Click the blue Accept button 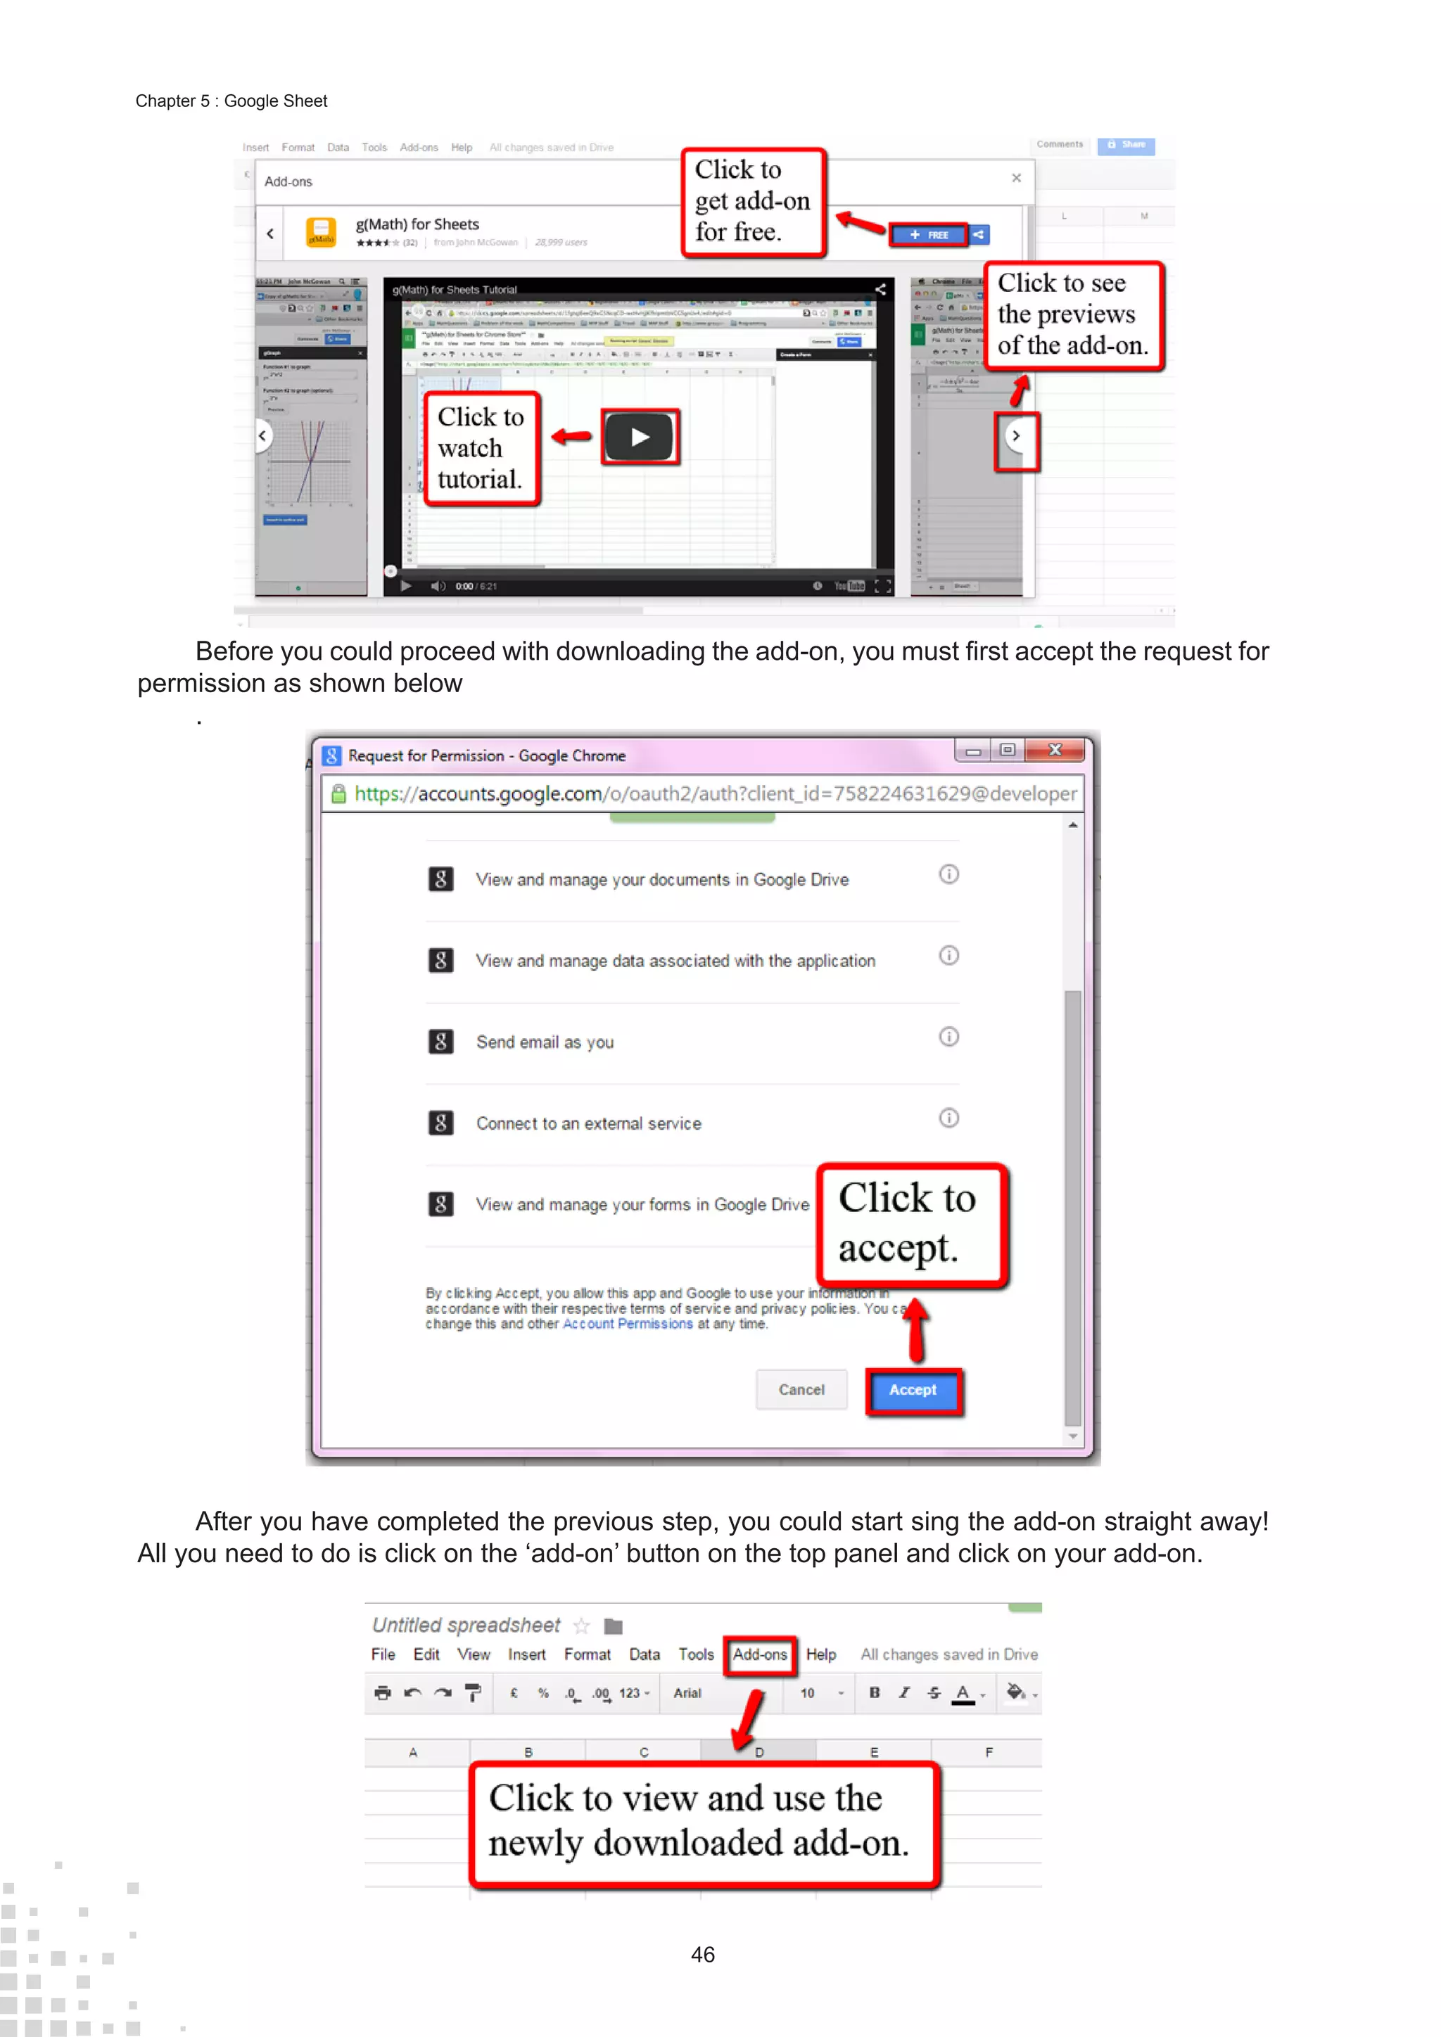point(913,1390)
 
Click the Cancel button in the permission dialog point(801,1390)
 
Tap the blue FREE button point(928,235)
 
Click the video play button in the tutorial point(640,437)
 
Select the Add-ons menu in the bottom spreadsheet point(759,1654)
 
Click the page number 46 point(703,1955)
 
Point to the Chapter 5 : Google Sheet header point(231,101)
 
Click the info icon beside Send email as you point(948,1037)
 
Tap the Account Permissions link point(628,1324)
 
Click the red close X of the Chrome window point(1055,751)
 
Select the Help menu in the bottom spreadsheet point(821,1654)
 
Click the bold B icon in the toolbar point(874,1693)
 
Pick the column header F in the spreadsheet point(989,1752)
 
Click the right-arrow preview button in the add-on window point(1017,437)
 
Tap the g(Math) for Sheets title point(417,224)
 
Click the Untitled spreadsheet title point(466,1626)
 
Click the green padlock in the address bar point(338,794)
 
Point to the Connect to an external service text point(588,1124)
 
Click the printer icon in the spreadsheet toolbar point(383,1693)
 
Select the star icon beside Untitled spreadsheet point(581,1626)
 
